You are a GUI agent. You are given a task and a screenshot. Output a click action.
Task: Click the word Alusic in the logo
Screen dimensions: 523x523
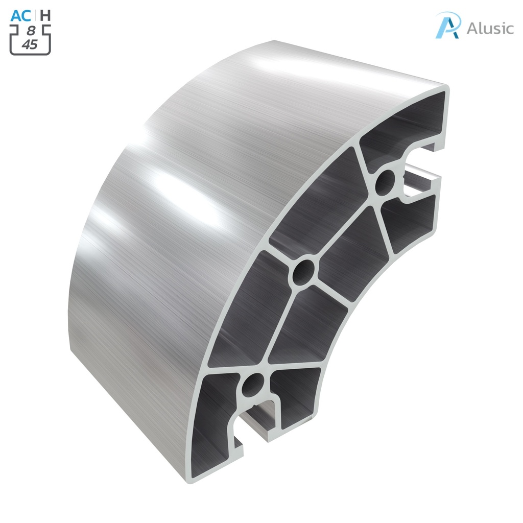point(490,28)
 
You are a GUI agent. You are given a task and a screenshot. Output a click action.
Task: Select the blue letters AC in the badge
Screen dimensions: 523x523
point(21,15)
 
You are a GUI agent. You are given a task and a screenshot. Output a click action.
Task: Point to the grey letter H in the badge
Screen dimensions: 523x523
point(45,15)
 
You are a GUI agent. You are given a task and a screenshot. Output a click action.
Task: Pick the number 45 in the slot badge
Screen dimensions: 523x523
point(30,44)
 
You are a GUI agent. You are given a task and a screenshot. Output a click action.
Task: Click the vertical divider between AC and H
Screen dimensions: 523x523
point(35,15)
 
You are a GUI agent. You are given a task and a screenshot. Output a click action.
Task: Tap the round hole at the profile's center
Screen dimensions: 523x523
point(304,272)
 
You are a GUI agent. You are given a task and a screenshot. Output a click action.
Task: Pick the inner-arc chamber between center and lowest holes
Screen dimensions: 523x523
point(306,327)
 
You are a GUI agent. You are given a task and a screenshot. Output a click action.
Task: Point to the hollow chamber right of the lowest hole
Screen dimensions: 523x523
point(296,393)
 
